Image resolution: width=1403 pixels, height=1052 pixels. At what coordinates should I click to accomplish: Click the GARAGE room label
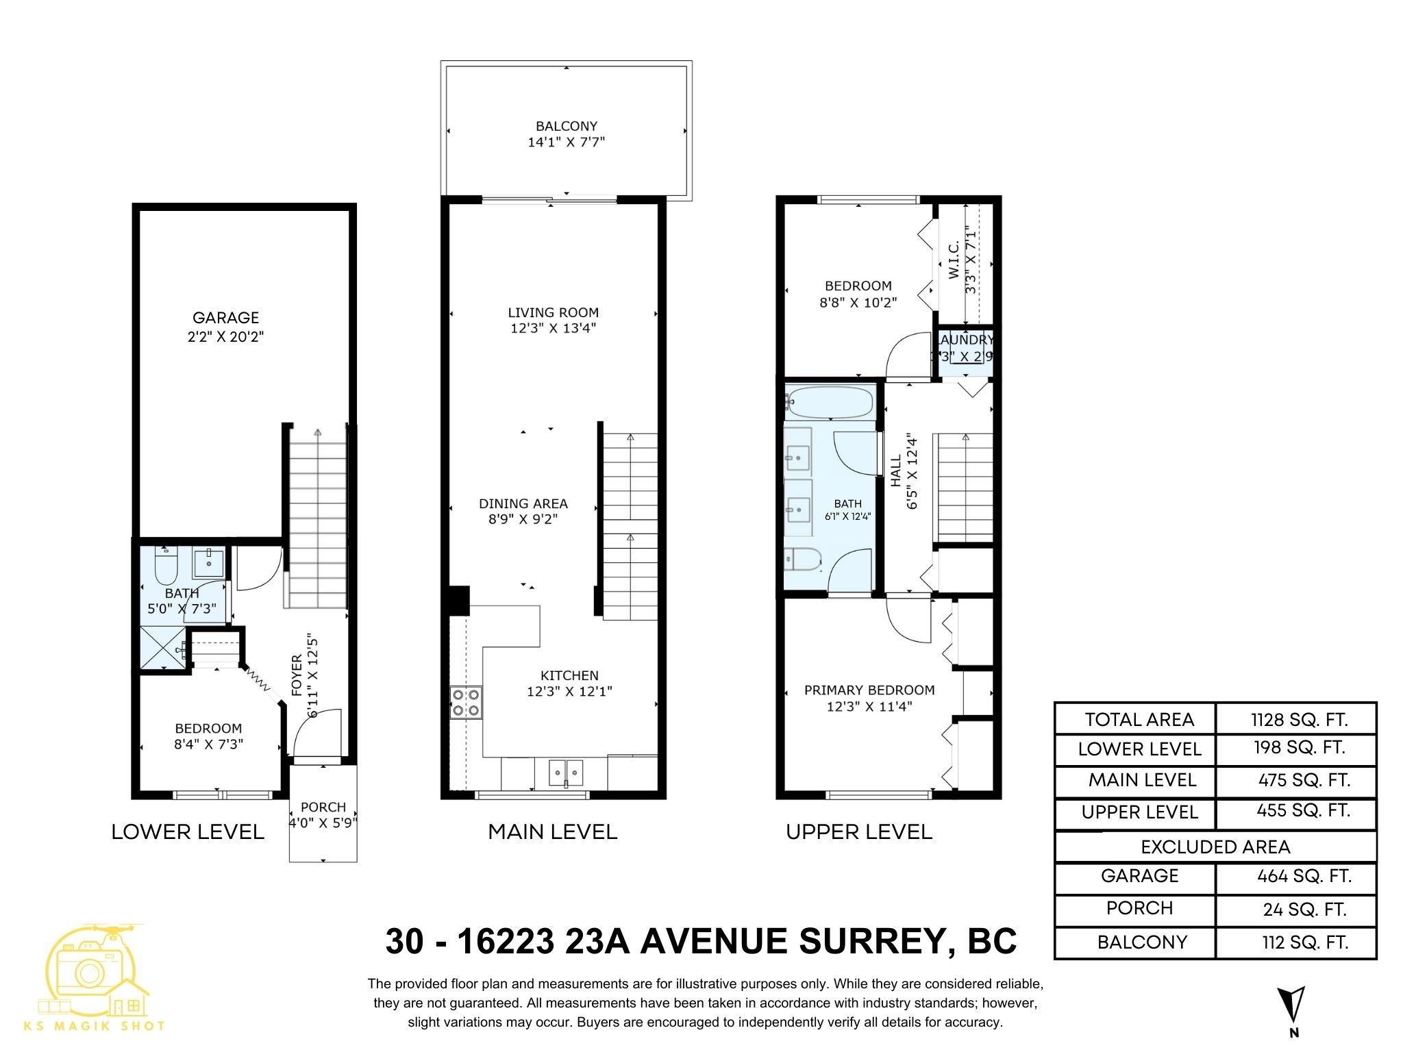pos(225,318)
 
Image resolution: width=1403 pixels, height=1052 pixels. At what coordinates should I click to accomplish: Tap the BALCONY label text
pos(566,126)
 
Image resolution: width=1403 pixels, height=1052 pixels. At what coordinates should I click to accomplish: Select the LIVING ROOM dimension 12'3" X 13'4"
pos(553,329)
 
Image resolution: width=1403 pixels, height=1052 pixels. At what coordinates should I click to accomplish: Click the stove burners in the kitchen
pos(466,703)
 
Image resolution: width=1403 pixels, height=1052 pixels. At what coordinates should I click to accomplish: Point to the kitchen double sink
pos(566,773)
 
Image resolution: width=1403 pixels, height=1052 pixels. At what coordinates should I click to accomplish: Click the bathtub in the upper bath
pos(830,401)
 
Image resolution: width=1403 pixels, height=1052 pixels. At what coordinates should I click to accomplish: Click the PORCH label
pos(323,807)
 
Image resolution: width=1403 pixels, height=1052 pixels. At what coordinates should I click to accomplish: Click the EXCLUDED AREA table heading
pos(1215,847)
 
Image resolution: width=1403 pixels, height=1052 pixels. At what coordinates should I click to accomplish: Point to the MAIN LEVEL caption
pos(552,832)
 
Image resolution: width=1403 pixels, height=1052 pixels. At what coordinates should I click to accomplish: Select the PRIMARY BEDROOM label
pos(869,690)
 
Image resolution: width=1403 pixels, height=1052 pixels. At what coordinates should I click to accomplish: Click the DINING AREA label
pos(523,504)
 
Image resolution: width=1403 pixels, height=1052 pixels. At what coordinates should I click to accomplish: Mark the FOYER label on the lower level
pos(297,676)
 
